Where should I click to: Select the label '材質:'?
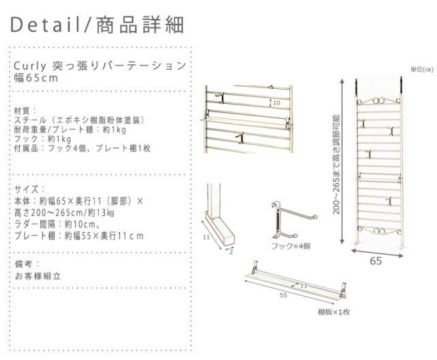tap(22, 110)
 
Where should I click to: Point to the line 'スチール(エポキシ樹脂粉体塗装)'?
tap(79, 119)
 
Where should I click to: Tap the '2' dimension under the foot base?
tap(231, 251)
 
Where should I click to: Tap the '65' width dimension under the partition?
tap(376, 261)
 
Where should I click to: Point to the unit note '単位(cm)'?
tap(421, 70)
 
